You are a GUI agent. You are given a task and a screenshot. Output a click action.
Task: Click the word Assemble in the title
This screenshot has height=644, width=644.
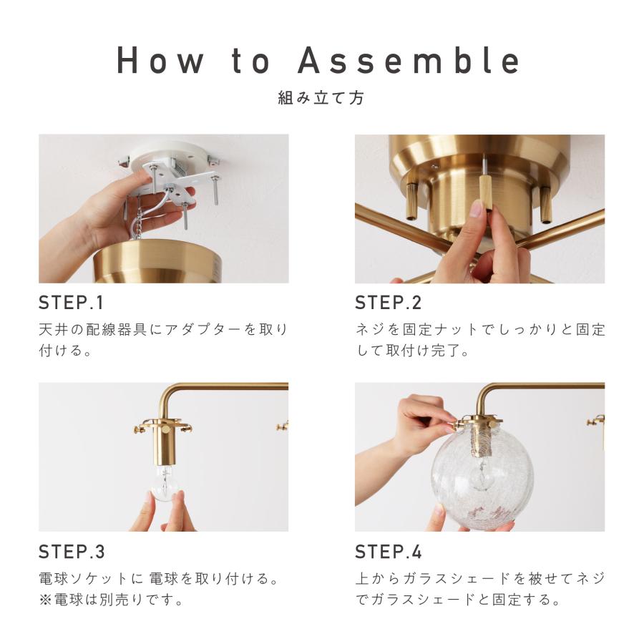[x=409, y=60]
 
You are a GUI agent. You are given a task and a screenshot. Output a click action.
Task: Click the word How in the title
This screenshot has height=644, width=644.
[x=160, y=60]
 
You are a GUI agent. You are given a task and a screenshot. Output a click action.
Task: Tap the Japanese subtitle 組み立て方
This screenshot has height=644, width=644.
[x=321, y=98]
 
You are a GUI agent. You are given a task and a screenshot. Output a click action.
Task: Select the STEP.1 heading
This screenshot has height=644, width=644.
[x=71, y=303]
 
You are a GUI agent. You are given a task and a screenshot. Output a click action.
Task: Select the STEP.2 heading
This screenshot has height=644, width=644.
[x=388, y=303]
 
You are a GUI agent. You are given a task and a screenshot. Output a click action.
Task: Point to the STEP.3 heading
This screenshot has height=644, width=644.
[x=72, y=552]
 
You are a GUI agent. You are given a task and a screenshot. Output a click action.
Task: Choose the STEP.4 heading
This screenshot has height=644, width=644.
[x=388, y=552]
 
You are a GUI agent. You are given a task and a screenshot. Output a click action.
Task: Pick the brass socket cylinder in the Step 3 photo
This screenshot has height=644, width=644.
[x=165, y=441]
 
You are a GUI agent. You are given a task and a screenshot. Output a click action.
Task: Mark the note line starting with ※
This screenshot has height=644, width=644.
[x=111, y=600]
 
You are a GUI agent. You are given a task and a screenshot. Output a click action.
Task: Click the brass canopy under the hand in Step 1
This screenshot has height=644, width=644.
[x=158, y=260]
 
